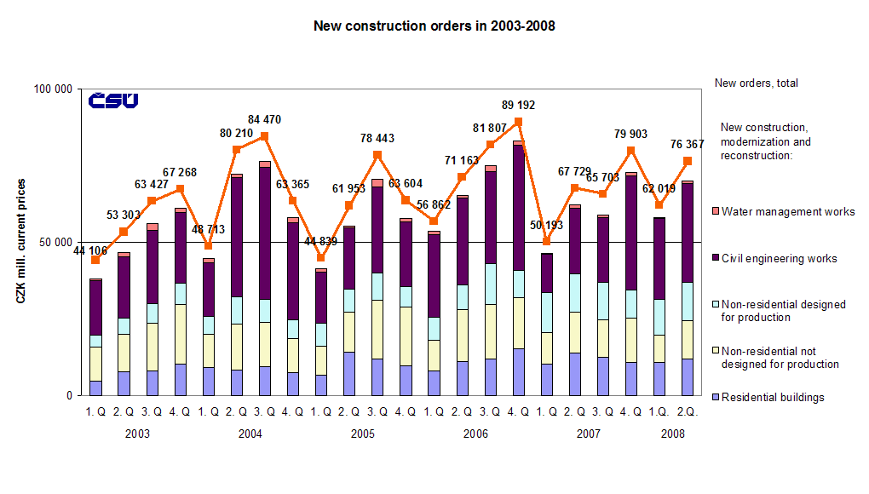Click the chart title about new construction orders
[x=434, y=26]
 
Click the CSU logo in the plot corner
[x=113, y=101]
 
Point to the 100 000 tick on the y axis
[x=55, y=89]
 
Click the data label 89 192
[x=518, y=105]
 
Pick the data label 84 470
[x=264, y=119]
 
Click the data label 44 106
[x=89, y=250]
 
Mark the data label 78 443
[x=377, y=138]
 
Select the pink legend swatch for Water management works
[x=715, y=212]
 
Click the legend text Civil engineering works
[x=779, y=259]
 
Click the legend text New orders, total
[x=756, y=83]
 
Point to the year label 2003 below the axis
[x=137, y=434]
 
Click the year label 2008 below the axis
[x=672, y=434]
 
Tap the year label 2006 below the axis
[x=475, y=434]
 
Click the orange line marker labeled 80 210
[x=236, y=150]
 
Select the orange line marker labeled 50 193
[x=546, y=242]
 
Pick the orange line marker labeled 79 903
[x=630, y=151]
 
